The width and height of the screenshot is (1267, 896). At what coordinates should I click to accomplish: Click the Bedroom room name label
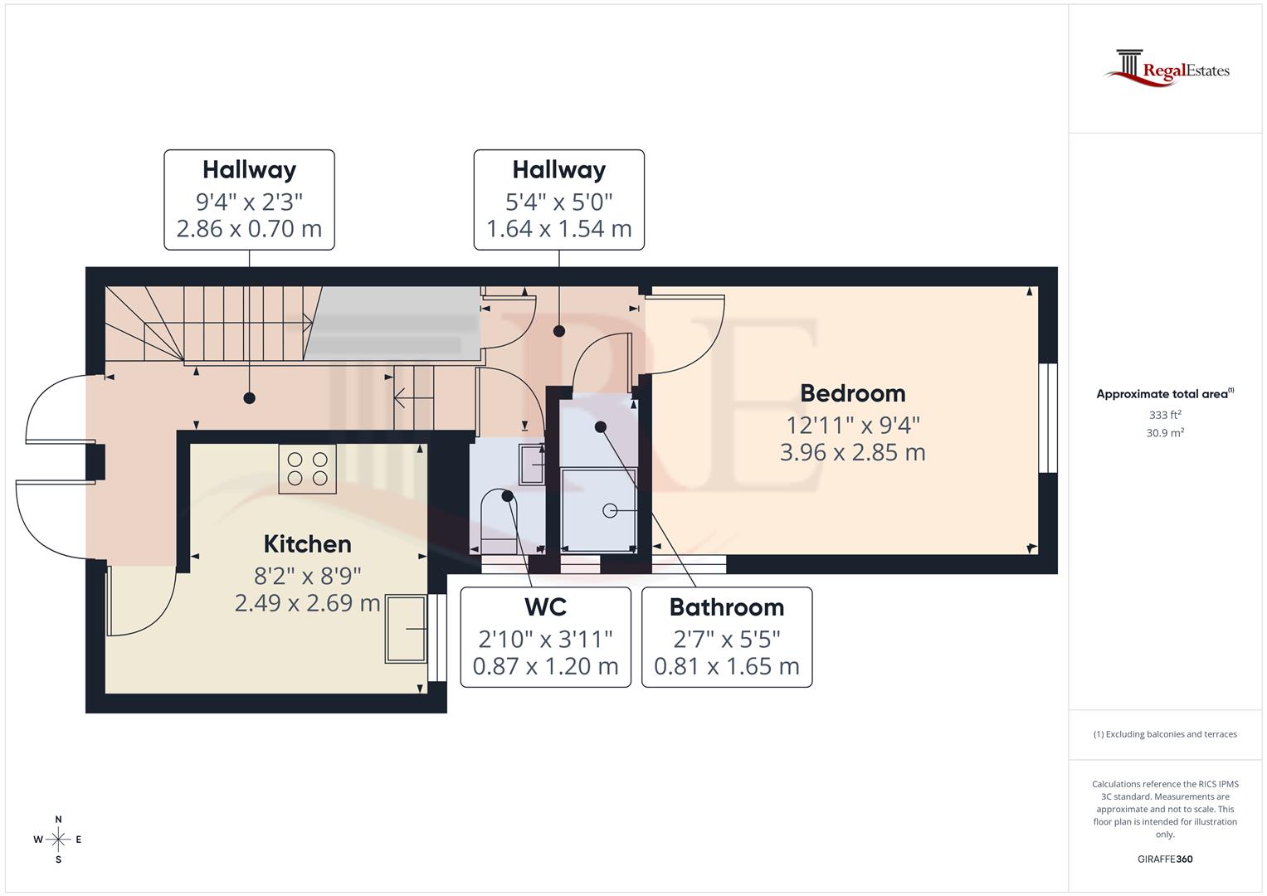852,393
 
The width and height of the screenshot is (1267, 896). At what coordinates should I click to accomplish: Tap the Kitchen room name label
307,544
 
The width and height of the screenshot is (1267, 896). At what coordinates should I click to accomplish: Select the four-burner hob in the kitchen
307,469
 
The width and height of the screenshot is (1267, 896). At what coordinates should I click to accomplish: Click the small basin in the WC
531,463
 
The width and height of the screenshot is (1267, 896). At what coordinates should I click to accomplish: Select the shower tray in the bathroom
599,510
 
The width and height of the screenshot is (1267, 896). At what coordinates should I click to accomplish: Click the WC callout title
545,607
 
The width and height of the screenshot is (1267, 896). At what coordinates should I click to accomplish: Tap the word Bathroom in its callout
726,607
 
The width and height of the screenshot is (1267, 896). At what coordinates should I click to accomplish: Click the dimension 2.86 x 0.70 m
249,229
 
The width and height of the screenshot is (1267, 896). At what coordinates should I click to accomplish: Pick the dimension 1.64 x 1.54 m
558,229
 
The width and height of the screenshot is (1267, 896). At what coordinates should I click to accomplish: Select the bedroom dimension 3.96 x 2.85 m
852,453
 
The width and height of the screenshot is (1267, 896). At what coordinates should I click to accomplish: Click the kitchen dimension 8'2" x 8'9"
307,576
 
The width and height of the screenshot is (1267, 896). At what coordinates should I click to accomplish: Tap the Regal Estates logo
1166,68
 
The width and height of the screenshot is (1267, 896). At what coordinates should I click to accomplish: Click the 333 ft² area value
1165,415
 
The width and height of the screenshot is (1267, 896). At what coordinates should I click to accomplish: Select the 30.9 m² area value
1165,433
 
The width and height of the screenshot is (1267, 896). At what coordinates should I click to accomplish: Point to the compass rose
58,840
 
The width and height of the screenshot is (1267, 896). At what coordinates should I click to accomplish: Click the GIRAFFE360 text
1165,859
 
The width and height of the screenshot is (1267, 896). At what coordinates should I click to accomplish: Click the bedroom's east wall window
1049,418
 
